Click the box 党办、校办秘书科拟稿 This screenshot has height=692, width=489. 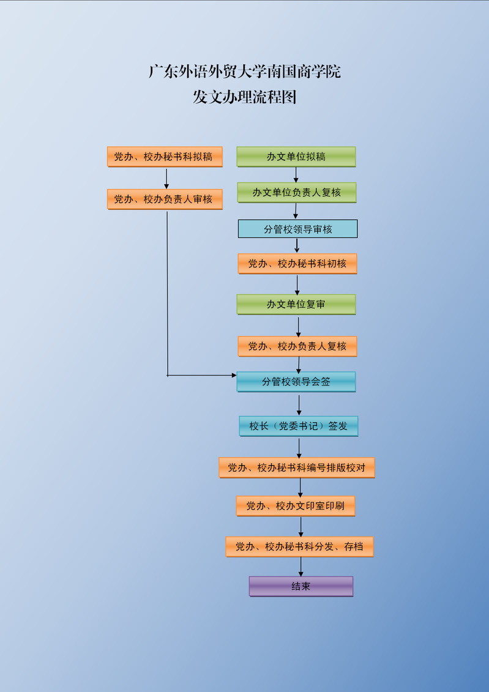point(164,157)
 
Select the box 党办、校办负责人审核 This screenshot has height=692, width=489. point(164,199)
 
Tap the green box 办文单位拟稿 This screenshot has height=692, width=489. point(296,157)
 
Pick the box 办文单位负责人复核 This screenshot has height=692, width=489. point(296,192)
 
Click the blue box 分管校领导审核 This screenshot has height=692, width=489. point(297,229)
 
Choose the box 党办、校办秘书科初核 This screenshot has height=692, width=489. point(297,264)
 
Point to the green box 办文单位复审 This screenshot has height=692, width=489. point(296,304)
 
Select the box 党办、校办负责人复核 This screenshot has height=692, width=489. point(297,346)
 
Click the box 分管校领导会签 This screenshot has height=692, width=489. point(296,382)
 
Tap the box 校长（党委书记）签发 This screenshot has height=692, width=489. point(298,426)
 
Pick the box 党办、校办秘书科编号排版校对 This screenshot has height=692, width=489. point(297,467)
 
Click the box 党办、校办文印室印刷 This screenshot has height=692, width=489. point(296,506)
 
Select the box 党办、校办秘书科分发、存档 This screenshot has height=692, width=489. point(299,546)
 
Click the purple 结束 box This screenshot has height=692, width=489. point(301,586)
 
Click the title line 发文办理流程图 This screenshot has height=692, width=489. point(245,97)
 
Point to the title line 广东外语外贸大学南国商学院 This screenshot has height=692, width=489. point(245,72)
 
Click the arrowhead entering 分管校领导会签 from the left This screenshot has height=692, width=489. point(233,375)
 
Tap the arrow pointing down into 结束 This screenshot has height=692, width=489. point(301,567)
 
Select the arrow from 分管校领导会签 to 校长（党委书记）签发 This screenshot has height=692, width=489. point(299,404)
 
